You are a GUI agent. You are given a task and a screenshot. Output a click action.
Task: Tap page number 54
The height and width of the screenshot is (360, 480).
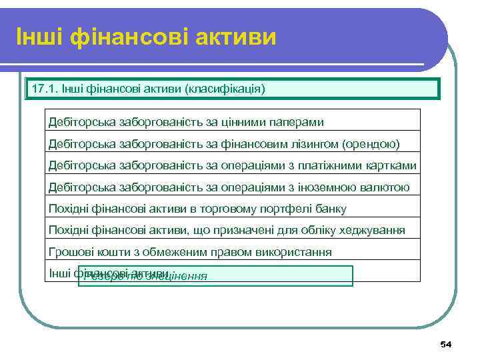[x=446, y=344]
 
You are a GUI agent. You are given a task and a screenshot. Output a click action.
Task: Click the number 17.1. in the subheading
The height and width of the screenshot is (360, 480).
[x=43, y=89]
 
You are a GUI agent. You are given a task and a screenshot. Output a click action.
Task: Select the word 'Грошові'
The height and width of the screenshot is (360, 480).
[x=69, y=252]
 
